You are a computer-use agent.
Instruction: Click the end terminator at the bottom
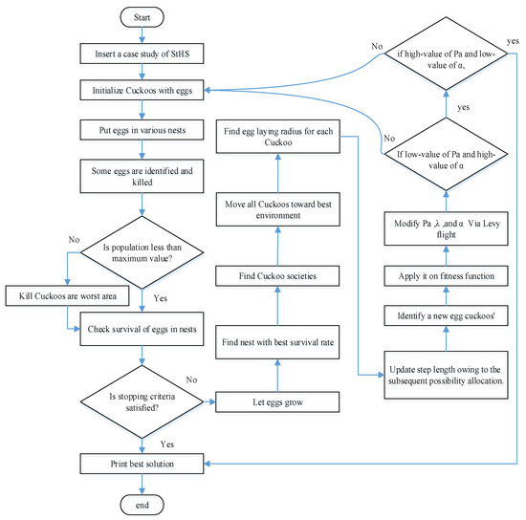point(141,503)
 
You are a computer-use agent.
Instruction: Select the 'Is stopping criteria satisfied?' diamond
point(141,402)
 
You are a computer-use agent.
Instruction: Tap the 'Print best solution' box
point(141,464)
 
